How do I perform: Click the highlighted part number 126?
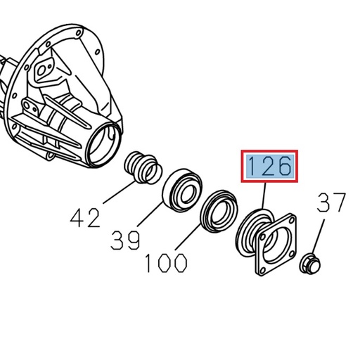coord(270,167)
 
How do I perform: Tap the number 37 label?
coord(331,203)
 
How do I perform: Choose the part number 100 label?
coord(166,262)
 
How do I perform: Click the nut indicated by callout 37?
coord(309,264)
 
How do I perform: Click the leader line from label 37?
coord(318,238)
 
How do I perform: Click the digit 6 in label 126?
coord(284,167)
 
